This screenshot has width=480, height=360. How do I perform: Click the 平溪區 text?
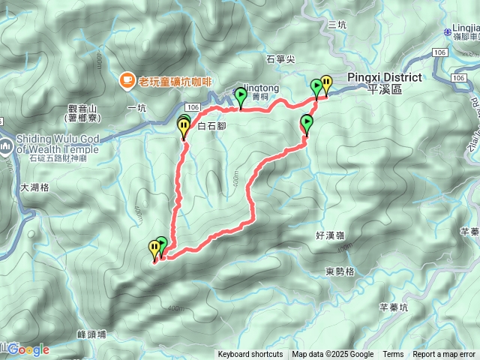[x=385, y=88]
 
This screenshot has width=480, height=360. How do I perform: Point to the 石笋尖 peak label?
[x=281, y=58]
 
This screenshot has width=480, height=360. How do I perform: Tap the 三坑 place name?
[x=337, y=25]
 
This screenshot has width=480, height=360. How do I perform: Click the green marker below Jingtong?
[x=241, y=96]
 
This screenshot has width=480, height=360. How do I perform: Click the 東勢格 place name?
[x=340, y=271]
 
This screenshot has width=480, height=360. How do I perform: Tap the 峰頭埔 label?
[x=91, y=334]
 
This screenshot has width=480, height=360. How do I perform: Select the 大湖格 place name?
[x=34, y=188]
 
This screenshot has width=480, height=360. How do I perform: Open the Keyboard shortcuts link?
[x=250, y=355]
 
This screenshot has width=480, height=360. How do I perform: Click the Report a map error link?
[x=444, y=355]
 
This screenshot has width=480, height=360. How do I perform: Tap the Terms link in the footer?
[x=393, y=355]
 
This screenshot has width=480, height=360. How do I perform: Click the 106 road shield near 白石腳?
[x=194, y=107]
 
